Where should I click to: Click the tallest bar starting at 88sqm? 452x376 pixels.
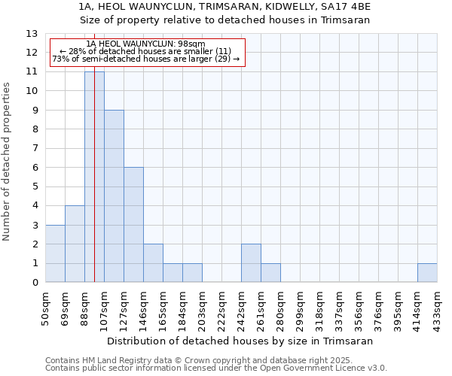pos(94,177)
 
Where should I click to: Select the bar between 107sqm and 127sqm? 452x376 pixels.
pos(114,196)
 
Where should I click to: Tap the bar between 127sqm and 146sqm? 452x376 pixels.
pos(133,225)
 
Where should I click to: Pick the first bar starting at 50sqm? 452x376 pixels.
pos(55,253)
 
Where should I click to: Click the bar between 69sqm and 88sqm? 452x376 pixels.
pos(75,244)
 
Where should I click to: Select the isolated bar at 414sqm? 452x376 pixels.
pos(427,273)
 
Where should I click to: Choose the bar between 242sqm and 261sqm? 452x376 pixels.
pos(251,263)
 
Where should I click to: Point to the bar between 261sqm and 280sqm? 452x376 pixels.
pos(270,273)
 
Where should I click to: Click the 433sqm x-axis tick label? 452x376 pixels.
pos(437,308)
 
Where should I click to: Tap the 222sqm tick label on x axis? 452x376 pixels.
pos(221,308)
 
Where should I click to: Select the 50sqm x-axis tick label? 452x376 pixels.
pos(45,308)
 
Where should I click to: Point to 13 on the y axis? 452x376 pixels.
pos(32,34)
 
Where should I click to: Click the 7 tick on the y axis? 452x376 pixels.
pos(35,148)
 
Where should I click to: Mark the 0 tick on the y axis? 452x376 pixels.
pos(35,283)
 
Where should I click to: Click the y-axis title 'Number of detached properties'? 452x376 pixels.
pos(8,162)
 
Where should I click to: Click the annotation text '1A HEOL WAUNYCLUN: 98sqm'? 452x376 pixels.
pos(146,44)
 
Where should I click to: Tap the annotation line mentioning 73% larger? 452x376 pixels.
pos(146,59)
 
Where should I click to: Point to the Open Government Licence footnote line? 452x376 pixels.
pos(216,368)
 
